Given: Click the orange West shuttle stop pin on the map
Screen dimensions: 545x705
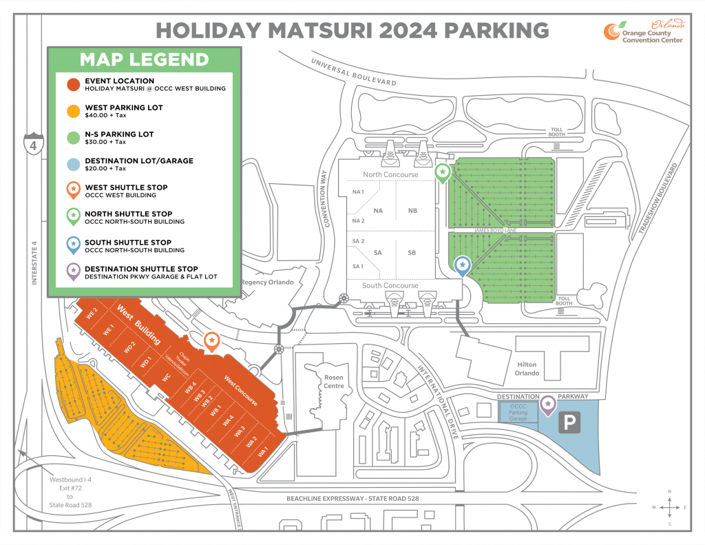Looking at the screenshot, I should (213, 340).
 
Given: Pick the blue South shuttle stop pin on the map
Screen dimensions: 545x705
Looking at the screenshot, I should (463, 265).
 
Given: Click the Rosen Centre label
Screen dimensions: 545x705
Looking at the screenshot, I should (334, 381).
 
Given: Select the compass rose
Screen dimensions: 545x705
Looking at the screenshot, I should (669, 507).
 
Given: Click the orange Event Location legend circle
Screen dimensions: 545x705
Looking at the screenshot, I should (72, 85).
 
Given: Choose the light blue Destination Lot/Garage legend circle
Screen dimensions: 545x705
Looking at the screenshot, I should (72, 164).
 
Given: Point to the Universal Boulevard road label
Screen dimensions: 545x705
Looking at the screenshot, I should (354, 72).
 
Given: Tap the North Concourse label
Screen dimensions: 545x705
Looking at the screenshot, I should (390, 174).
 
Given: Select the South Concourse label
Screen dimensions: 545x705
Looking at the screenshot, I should (390, 285).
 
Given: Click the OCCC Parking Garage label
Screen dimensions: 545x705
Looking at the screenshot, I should (518, 412).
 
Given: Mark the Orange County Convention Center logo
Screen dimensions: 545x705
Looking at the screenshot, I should (644, 32).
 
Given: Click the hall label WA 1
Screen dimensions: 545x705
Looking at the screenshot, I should (262, 453).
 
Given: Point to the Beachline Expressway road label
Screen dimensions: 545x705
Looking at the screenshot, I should (352, 498).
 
